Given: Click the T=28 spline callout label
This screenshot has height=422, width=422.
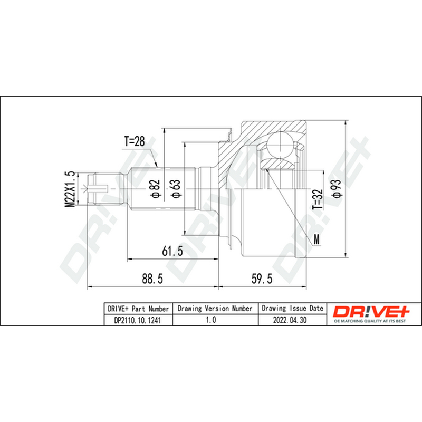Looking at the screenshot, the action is coord(135,141).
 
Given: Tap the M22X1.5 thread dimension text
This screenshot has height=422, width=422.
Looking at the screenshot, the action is coord(70,189).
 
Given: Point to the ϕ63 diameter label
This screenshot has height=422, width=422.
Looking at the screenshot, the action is coord(176,189).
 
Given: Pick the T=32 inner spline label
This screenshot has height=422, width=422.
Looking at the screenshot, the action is coord(318,199).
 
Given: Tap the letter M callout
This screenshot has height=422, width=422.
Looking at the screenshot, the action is coord(317,239).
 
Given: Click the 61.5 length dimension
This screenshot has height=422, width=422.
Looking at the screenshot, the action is coord(172,251).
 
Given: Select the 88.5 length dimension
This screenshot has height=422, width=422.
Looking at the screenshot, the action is coord(152,279).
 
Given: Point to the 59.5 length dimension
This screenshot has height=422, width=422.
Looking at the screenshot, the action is coord(262,279).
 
